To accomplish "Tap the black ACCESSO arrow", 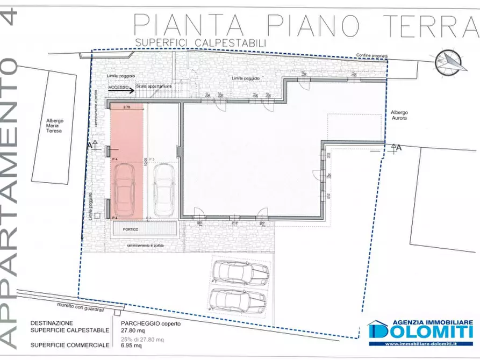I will [121, 92].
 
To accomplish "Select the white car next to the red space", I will [163, 189].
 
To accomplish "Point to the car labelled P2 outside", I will [239, 275].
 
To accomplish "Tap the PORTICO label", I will [130, 229].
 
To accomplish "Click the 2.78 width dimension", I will [127, 107].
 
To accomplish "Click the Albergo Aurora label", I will [399, 115].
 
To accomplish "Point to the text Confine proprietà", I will [371, 55].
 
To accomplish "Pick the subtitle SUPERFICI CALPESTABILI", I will [200, 41].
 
